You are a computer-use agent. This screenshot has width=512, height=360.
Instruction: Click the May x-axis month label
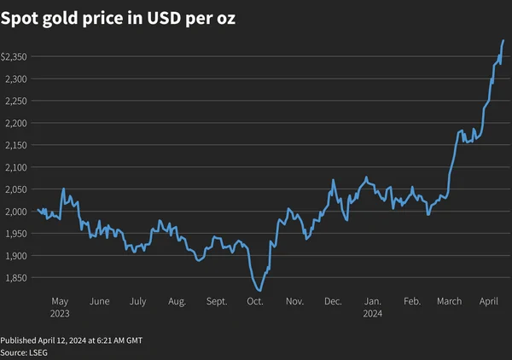pos(60,301)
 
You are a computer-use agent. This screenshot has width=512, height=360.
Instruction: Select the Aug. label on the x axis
pos(177,301)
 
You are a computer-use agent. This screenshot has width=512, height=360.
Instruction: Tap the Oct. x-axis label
pos(254,301)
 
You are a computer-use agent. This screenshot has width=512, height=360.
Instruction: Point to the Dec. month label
pos(333,301)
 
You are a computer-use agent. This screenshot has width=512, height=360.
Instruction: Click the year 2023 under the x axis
pos(60,313)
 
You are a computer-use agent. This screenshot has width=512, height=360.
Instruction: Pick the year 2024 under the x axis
pos(372,313)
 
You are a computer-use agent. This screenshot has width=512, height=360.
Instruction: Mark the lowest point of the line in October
pos(259,291)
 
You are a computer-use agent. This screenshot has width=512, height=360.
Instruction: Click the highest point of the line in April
pos(503,40)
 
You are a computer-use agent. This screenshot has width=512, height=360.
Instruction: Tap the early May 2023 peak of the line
pos(63,189)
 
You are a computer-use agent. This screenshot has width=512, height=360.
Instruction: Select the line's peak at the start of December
pos(333,180)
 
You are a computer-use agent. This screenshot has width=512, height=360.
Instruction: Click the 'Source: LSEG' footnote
pos(25,352)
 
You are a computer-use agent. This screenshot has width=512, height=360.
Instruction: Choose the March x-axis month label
pos(449,301)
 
